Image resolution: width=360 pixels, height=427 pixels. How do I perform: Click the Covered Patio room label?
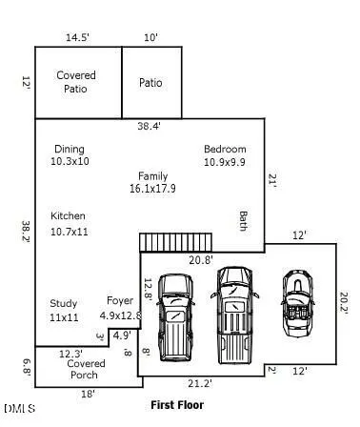point(76,82)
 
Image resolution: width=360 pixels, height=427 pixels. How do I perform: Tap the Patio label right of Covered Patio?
point(150,83)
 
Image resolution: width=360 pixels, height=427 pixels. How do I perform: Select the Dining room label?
point(70,149)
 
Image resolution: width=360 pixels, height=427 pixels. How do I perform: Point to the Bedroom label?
point(225,149)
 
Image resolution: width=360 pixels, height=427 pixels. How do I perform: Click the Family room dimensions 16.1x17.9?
point(152,189)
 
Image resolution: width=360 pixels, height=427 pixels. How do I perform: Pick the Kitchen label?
point(68,216)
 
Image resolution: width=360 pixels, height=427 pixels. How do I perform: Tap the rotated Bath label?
point(243,221)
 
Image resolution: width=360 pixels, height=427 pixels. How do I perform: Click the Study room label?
point(64,303)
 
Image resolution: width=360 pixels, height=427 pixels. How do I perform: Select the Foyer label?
point(120,301)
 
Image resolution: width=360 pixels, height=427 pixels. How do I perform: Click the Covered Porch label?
point(86,369)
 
